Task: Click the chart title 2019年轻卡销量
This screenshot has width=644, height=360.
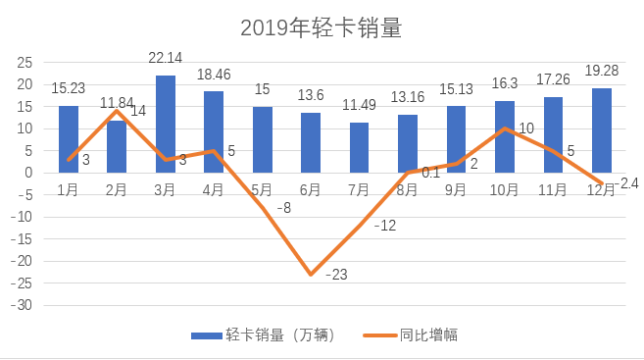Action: pos(321,28)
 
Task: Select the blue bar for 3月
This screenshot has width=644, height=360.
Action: pos(166,123)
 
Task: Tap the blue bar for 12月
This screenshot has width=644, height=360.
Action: pos(601,129)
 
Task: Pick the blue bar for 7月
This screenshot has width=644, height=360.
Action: pos(360,147)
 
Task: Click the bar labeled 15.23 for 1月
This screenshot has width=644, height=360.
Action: pos(69,138)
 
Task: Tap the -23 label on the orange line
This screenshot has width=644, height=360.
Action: pos(336,275)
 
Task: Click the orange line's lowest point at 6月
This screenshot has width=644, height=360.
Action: pos(311,274)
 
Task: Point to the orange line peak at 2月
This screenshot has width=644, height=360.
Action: pos(117,111)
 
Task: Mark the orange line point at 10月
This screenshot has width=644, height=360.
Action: pos(504,129)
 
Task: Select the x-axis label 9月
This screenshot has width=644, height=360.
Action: pos(456,190)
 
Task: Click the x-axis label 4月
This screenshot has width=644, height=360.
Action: pos(214,190)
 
